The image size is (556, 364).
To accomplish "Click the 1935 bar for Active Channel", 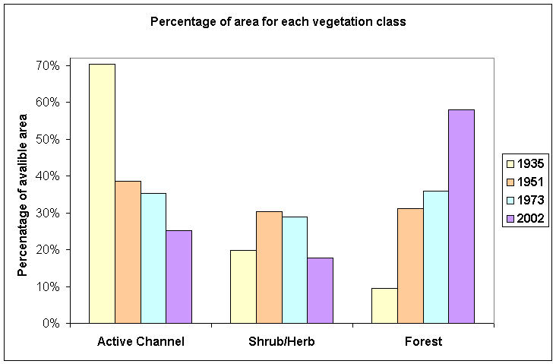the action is coord(102,194).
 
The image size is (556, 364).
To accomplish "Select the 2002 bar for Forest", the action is coord(461,217).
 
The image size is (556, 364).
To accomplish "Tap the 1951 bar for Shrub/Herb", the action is coord(269,267).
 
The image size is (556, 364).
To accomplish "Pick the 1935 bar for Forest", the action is coord(385,305).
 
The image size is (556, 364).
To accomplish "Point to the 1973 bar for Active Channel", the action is coord(153,258).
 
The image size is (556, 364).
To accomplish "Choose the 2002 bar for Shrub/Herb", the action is coord(321,290).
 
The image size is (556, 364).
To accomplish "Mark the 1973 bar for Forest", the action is coord(436,257).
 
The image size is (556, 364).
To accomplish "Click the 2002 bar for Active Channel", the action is coord(179,277).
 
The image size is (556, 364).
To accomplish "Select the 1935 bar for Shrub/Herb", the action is coord(244,286).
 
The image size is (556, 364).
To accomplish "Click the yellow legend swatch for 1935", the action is coord(510,164).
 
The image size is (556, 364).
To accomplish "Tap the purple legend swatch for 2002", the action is coord(510,219).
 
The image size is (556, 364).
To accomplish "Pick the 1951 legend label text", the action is coord(530,182).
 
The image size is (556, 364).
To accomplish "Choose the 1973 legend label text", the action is coord(530,201).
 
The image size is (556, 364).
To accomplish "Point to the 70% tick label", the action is coord(47,66).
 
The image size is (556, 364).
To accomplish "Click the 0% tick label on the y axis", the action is coord(50,324).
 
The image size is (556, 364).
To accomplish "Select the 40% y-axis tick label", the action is coord(47,176).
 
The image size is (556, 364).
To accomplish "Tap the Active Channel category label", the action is coord(141,342).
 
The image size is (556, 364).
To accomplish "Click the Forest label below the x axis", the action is coord(423,342).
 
